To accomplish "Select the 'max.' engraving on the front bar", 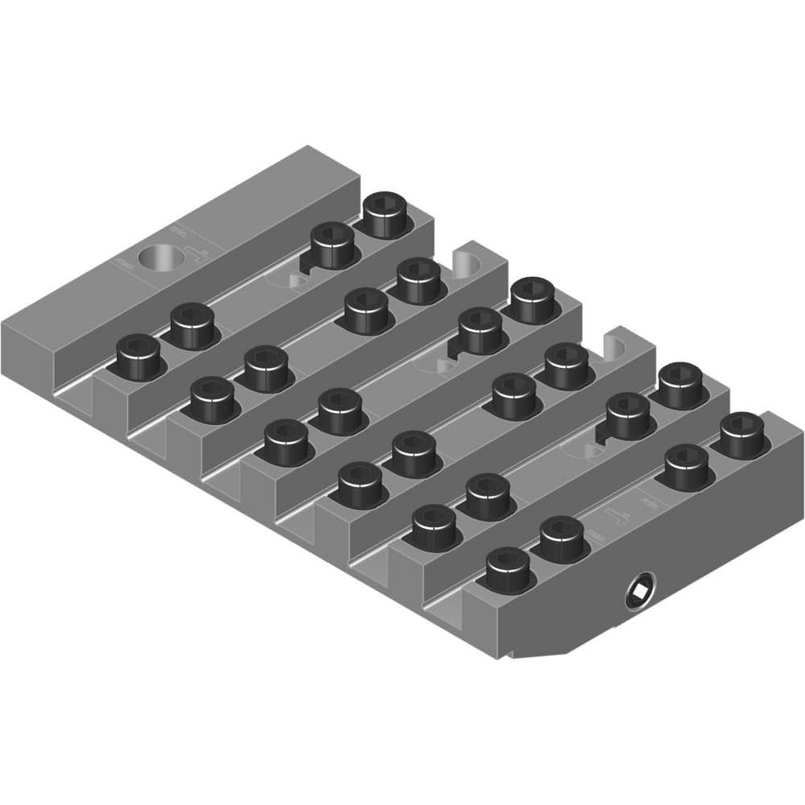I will (597, 533).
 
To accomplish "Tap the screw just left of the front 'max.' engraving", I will (561, 539).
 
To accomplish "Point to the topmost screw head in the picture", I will (385, 213).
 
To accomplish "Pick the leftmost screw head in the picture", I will (138, 357).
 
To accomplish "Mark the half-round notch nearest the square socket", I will (614, 347).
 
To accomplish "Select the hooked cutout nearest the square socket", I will (603, 435).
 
